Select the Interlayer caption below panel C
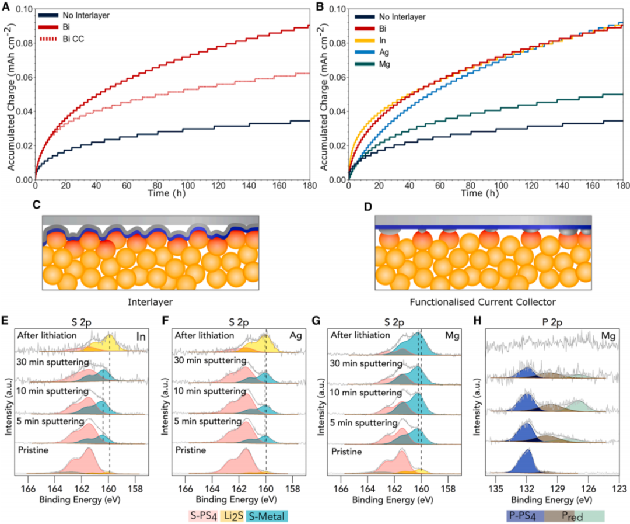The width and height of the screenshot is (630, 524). [x=150, y=302]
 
